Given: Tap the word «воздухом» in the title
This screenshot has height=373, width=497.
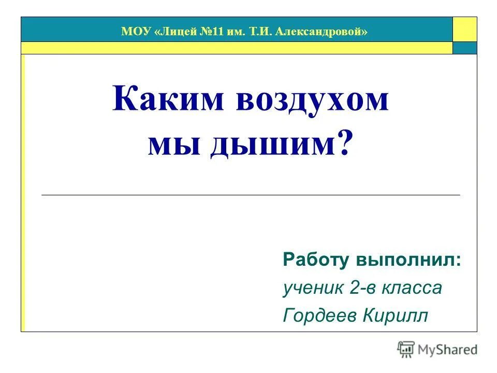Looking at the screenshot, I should tap(312, 99).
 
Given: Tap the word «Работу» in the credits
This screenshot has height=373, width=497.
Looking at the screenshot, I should tap(316, 260).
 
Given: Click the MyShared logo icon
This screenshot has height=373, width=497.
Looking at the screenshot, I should tap(406, 349).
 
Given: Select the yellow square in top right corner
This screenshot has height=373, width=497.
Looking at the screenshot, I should tap(464, 29).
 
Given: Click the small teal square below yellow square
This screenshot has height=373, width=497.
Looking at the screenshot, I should tap(464, 48).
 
